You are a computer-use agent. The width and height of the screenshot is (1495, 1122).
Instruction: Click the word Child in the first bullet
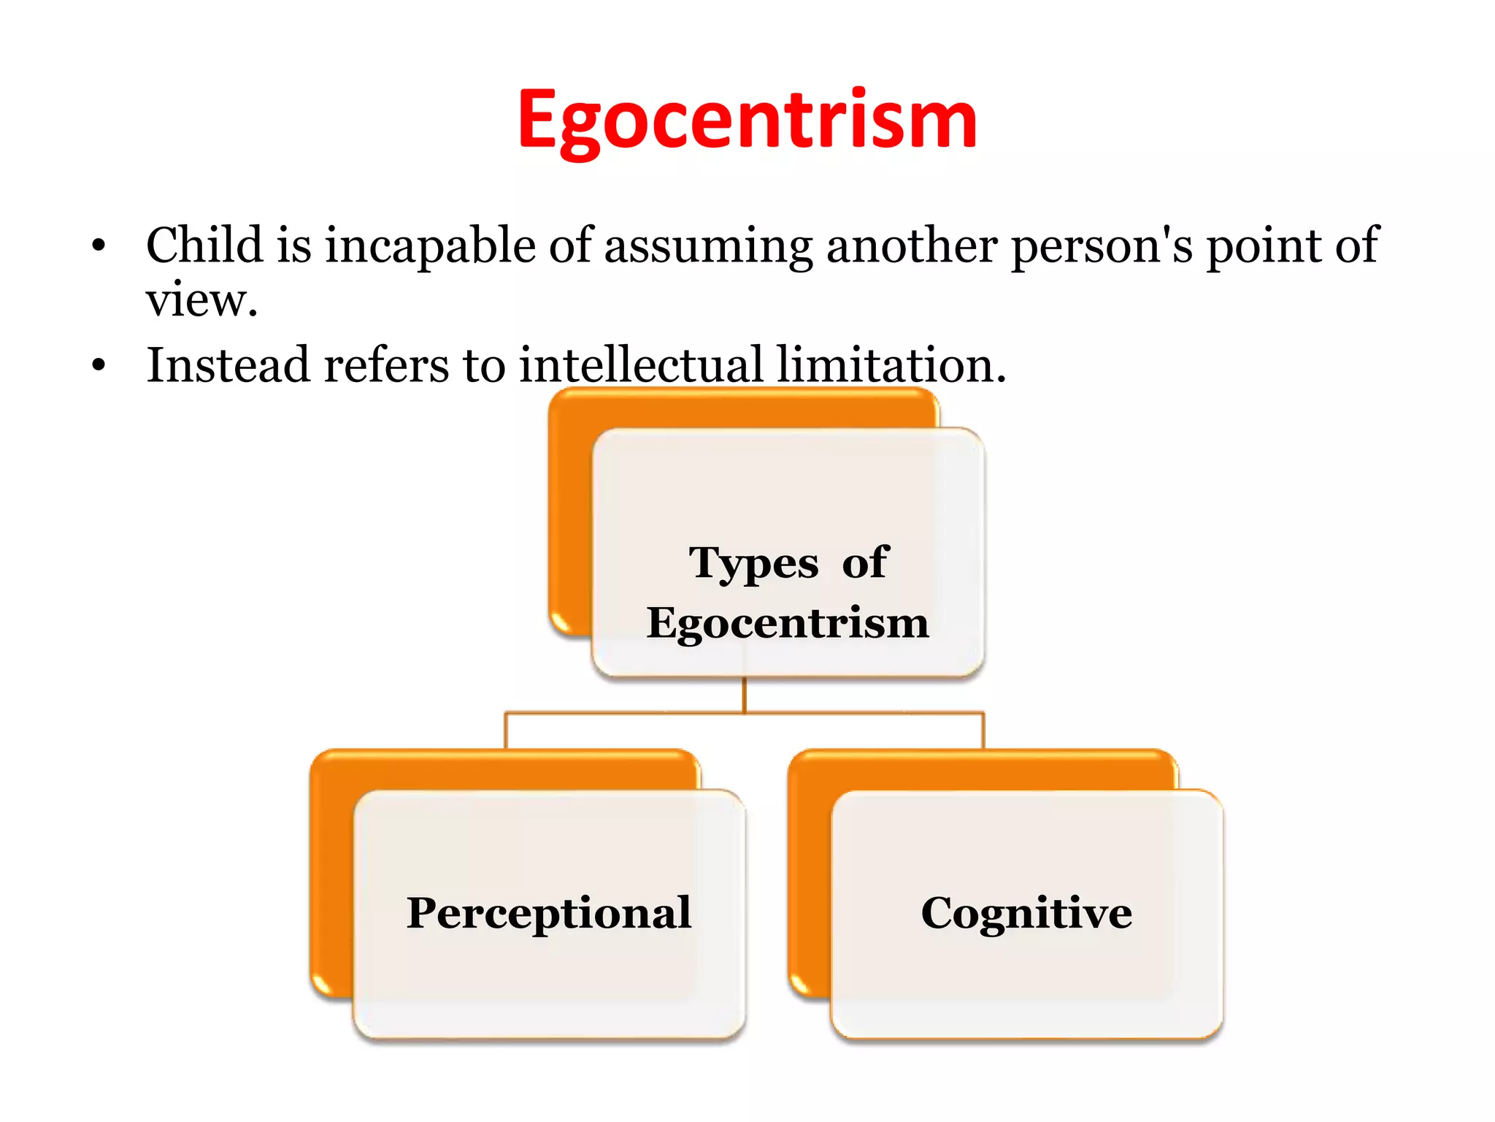point(204,245)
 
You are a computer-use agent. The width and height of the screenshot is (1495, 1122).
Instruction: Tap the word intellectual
point(640,365)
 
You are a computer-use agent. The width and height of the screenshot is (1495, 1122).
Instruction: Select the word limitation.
point(891,365)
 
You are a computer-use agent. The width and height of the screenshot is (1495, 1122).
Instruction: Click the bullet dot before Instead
point(99,365)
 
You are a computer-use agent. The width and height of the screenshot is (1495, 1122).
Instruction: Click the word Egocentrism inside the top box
point(787,624)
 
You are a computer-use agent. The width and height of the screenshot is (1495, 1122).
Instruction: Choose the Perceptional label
point(549,913)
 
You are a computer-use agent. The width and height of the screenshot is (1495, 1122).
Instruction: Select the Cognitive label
point(1026,913)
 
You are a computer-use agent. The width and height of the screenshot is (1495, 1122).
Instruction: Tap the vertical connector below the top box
point(745,695)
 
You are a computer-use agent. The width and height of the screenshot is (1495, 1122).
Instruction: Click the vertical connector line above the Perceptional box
point(505,730)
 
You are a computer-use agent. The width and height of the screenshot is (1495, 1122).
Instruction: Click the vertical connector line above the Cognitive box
point(983,730)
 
